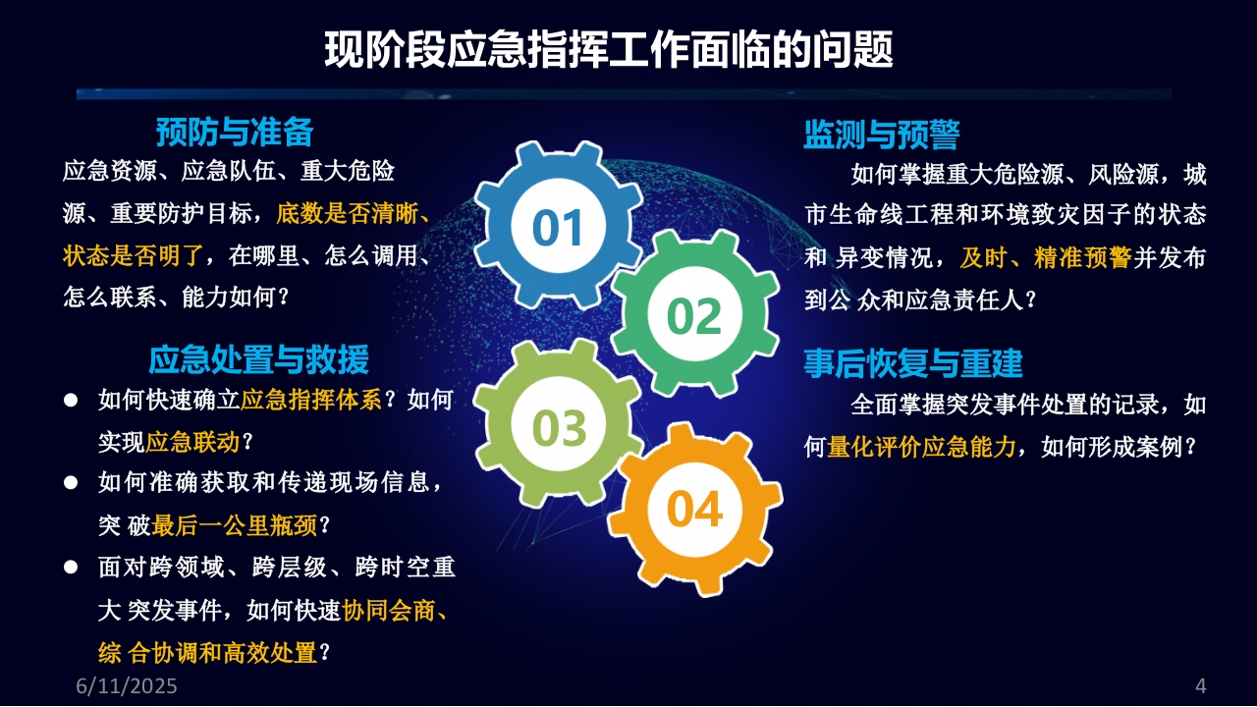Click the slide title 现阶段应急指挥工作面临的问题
pos(608,49)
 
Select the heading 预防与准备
pos(235,133)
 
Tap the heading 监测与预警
pos(882,135)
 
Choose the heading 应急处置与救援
pos(258,359)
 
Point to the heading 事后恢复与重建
pos(913,363)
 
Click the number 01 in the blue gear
pos(557,228)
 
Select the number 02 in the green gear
pos(693,316)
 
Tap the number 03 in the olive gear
pos(559,428)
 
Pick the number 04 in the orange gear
pos(694,510)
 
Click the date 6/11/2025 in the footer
pos(127,685)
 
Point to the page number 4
pos(1200,685)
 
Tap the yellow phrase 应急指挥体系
pos(311,400)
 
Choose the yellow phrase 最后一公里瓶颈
pos(234,525)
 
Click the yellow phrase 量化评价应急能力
pos(921,447)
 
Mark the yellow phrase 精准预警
pos(1082,257)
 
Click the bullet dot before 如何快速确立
pos(71,401)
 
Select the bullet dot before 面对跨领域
pos(71,567)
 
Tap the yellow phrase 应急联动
pos(192,443)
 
